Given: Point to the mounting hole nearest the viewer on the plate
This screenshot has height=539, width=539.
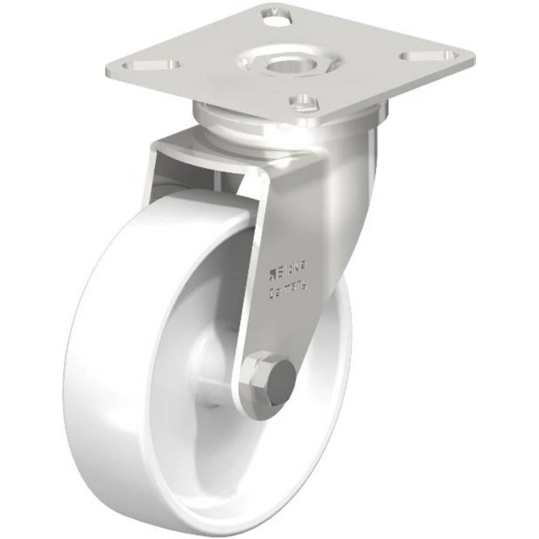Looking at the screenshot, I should click(303, 100).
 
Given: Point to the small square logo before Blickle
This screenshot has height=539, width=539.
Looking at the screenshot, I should click(273, 272).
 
